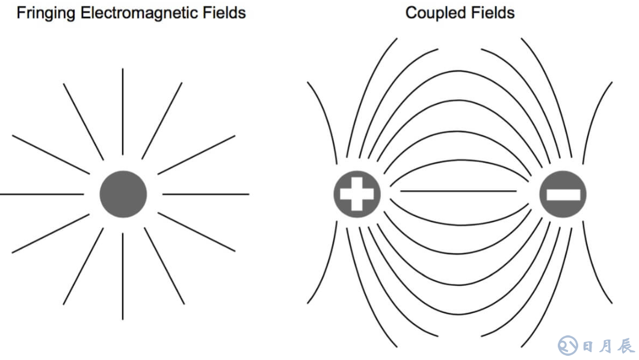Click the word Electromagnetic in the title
point(132,13)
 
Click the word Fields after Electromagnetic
point(223,13)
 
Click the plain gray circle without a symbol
point(123,194)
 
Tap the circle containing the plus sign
point(357,194)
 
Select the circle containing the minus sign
point(563,194)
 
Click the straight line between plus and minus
point(458,191)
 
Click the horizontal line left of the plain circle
point(42,194)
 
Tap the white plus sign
point(357,194)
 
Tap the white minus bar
point(563,194)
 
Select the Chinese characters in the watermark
point(608,346)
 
